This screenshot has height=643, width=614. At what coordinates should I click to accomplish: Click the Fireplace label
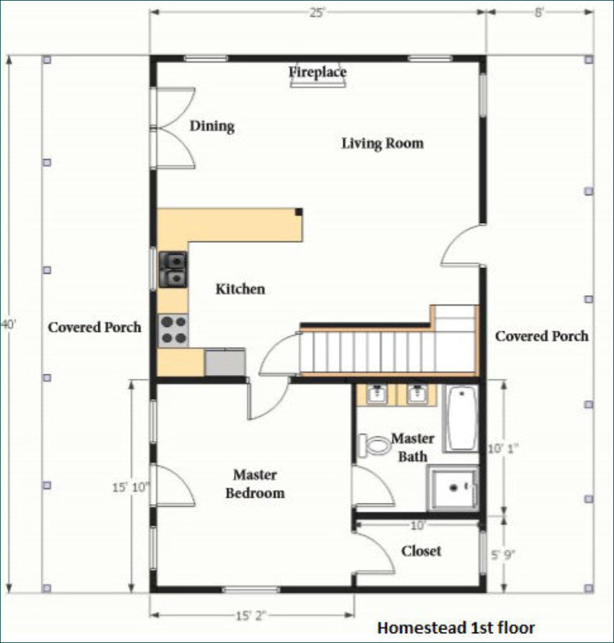click(317, 72)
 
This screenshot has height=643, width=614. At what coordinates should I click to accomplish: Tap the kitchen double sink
click(173, 269)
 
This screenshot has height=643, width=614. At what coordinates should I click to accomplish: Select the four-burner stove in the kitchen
click(173, 331)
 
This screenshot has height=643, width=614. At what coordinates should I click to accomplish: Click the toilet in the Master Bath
click(374, 445)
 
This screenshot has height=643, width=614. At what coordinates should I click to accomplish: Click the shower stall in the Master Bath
click(453, 488)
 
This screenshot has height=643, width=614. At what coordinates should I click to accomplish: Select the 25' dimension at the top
click(317, 13)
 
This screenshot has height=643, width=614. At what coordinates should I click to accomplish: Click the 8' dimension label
click(539, 13)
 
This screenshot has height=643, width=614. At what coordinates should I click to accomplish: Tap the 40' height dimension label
click(8, 325)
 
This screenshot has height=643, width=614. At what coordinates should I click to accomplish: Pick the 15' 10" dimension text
click(131, 487)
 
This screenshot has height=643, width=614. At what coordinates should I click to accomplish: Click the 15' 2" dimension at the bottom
click(251, 615)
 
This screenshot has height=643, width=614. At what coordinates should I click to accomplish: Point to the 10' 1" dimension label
click(503, 449)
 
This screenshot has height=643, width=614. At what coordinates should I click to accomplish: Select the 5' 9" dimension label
click(503, 555)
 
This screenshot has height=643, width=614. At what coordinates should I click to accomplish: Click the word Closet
click(421, 551)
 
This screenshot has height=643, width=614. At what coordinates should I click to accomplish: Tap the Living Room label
click(383, 143)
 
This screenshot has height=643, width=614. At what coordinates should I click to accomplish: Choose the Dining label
click(212, 126)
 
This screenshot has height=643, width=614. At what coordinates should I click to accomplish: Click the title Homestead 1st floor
click(456, 628)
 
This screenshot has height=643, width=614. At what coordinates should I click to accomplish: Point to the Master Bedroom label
click(255, 484)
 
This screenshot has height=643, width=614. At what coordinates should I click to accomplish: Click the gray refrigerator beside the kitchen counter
click(225, 361)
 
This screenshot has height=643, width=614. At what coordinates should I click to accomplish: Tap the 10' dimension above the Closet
click(418, 525)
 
